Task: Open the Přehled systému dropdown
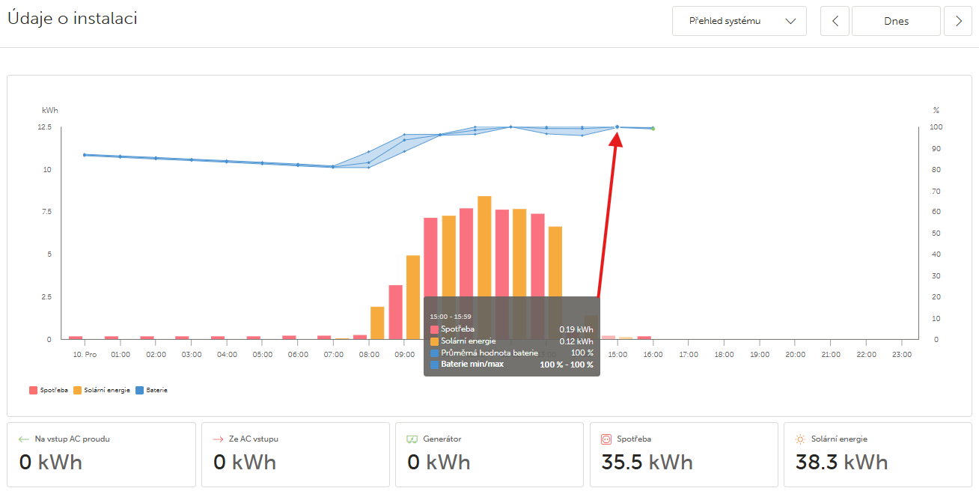point(739,21)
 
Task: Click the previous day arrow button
point(835,21)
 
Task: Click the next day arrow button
point(958,21)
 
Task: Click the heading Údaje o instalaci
point(73,19)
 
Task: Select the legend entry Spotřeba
point(49,390)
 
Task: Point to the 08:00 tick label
point(369,354)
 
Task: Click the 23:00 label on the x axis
point(902,354)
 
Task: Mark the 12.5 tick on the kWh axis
point(45,127)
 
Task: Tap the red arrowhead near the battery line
point(617,138)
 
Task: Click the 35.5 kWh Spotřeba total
point(647,462)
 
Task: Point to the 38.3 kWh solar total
point(841,462)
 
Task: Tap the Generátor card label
point(442,439)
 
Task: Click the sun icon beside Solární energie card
point(800,439)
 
